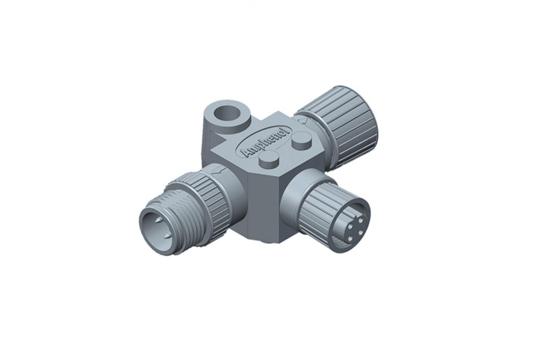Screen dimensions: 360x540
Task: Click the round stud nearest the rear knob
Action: coord(302,139)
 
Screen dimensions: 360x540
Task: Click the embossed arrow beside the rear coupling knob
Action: coord(303,120)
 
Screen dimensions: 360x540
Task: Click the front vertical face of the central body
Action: coord(263,203)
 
